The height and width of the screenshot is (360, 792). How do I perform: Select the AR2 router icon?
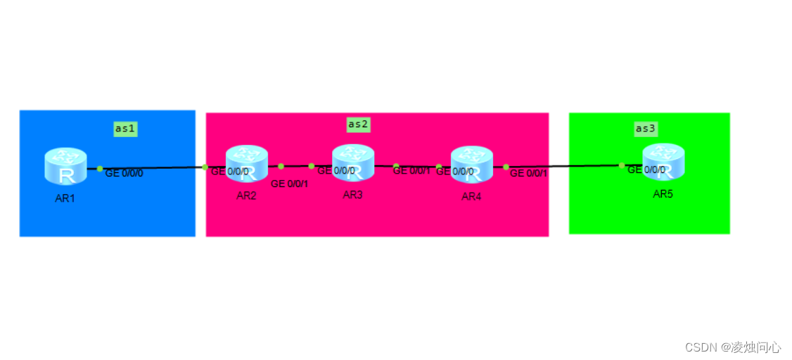click(x=246, y=163)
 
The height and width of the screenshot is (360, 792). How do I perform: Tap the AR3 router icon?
click(x=353, y=162)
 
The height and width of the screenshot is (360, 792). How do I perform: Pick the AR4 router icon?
click(x=471, y=164)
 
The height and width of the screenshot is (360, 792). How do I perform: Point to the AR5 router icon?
click(x=663, y=162)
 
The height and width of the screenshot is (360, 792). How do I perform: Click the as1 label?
click(x=125, y=129)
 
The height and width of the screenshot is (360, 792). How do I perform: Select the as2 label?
click(x=358, y=124)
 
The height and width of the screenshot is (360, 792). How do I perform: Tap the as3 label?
click(x=646, y=129)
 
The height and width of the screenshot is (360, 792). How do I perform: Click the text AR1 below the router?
click(x=65, y=198)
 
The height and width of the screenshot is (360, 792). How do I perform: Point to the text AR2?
click(x=246, y=195)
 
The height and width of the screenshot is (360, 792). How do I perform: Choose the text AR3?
click(x=352, y=195)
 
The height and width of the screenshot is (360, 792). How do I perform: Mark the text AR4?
click(x=471, y=197)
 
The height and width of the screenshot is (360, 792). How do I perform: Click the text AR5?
click(x=663, y=194)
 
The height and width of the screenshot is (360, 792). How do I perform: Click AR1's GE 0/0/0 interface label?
click(x=124, y=173)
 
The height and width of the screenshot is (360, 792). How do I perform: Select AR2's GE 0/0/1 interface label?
click(x=289, y=184)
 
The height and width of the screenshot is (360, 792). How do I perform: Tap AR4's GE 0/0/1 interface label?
click(x=529, y=173)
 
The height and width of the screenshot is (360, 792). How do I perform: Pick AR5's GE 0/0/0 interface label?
click(x=646, y=169)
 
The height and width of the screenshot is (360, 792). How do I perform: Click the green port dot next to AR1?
click(x=100, y=169)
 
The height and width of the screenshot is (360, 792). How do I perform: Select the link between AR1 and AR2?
click(x=151, y=168)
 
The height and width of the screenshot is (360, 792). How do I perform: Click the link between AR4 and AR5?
click(x=563, y=167)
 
